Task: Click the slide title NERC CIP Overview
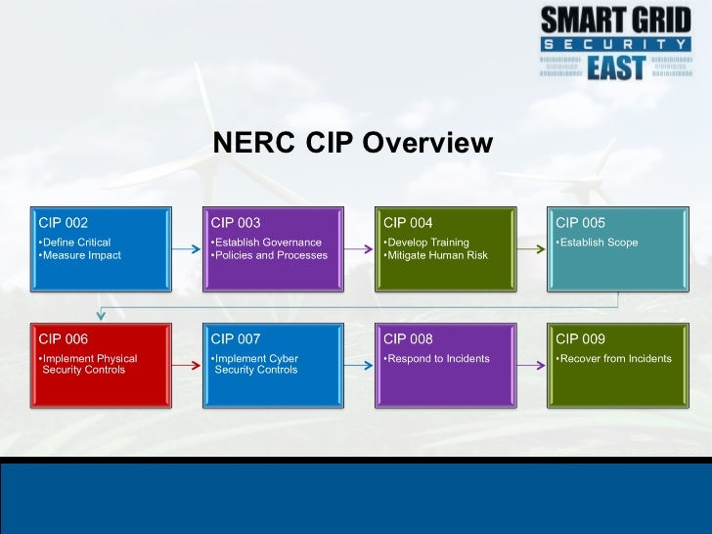tap(353, 144)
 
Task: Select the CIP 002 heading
tap(63, 223)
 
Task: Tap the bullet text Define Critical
tap(74, 243)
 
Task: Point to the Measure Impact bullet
tap(79, 255)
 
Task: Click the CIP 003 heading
tap(236, 223)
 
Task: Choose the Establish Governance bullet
tap(266, 243)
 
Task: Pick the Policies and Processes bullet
tap(269, 255)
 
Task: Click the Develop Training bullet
tap(426, 243)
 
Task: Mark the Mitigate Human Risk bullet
tap(435, 255)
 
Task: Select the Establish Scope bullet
tap(597, 243)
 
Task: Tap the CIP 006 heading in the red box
tap(63, 339)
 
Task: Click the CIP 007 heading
tap(236, 339)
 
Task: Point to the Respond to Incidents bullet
tap(436, 359)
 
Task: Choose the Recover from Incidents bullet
tap(613, 359)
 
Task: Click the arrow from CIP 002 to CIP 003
tap(186, 249)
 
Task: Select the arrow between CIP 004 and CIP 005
tap(531, 249)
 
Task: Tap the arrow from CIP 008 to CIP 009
tap(531, 366)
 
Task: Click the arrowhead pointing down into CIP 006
tap(101, 315)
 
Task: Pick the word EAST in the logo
tap(615, 67)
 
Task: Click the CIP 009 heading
tap(580, 339)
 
